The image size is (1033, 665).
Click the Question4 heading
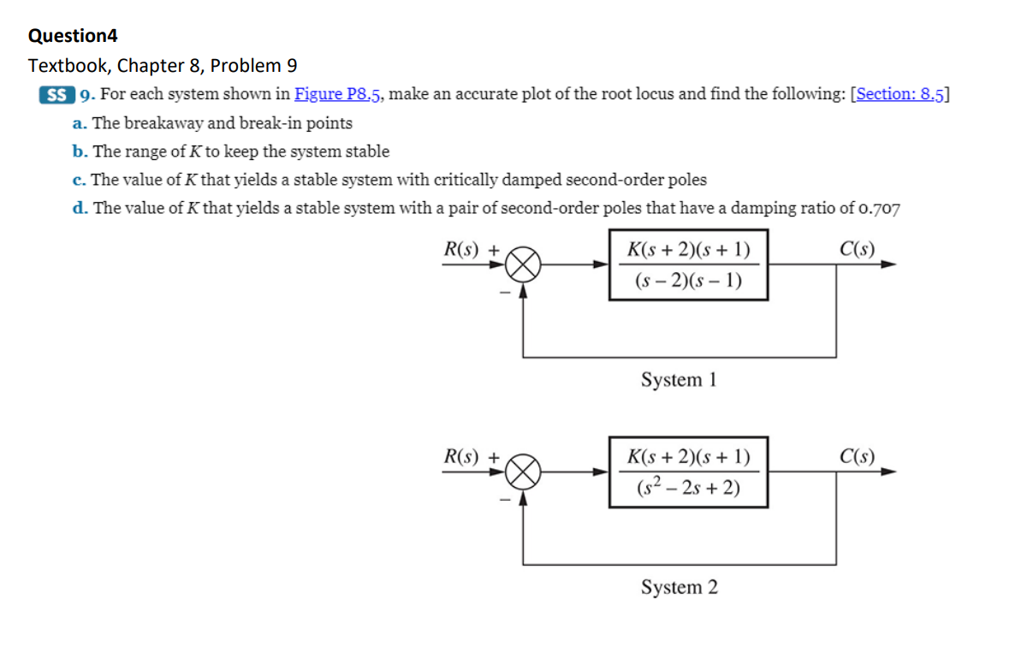(x=73, y=36)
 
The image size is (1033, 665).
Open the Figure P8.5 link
(x=339, y=94)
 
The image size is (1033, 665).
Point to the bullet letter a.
(x=79, y=123)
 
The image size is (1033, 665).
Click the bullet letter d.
(x=80, y=208)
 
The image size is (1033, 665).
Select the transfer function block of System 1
(x=688, y=264)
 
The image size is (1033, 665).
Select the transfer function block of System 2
(x=688, y=472)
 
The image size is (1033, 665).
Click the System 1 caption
(x=679, y=380)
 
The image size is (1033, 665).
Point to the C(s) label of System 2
(x=858, y=456)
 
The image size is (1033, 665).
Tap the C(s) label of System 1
(x=858, y=249)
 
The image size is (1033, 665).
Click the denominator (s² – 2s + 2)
(x=688, y=488)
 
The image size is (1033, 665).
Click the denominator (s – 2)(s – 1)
(x=688, y=281)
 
